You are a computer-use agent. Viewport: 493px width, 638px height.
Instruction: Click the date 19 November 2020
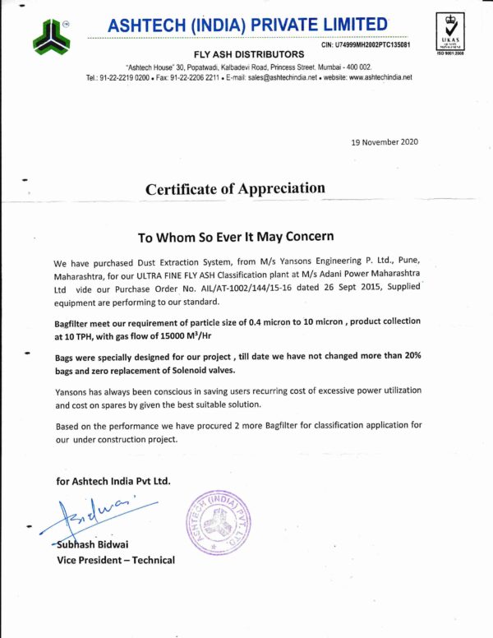click(385, 142)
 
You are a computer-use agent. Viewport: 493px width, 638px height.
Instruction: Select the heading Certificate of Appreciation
click(235, 188)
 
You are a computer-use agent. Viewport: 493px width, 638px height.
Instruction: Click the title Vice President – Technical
click(115, 560)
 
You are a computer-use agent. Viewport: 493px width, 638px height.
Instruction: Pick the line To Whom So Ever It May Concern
click(235, 237)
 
